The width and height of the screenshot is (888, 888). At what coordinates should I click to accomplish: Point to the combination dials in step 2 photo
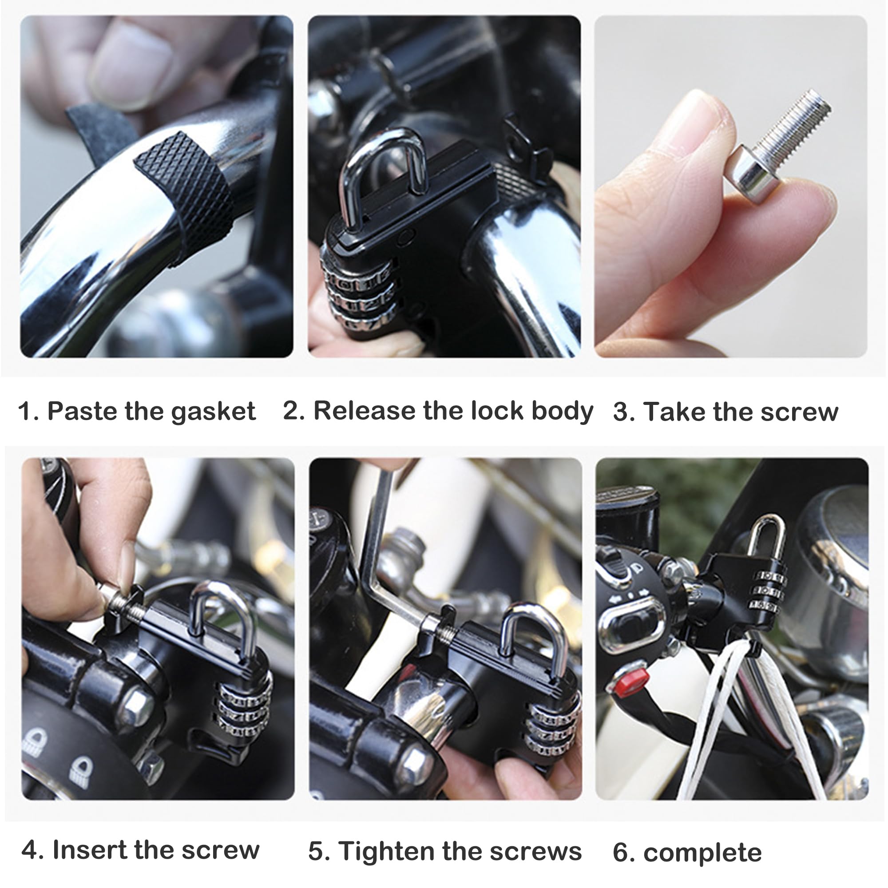point(358,294)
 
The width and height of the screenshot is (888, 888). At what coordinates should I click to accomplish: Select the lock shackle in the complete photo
point(766,535)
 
